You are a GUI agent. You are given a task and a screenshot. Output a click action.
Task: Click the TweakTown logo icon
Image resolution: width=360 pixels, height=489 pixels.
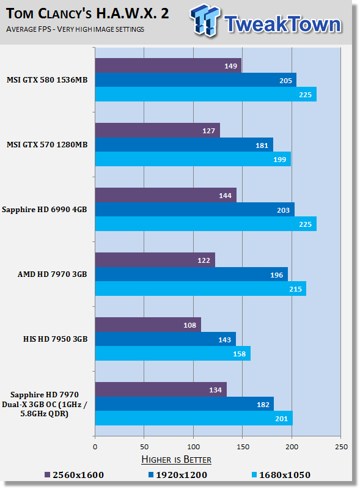(205, 20)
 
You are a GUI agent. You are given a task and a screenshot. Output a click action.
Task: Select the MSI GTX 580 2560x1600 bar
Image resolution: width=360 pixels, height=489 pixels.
(168, 65)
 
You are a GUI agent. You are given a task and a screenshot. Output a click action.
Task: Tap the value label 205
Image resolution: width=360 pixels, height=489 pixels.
(285, 81)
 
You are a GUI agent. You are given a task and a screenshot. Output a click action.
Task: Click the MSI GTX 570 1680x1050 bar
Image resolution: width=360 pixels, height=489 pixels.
(193, 159)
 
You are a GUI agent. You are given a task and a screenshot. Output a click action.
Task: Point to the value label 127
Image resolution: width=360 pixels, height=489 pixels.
(208, 131)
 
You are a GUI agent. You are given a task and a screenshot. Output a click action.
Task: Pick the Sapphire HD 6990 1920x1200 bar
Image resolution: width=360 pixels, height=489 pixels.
(194, 210)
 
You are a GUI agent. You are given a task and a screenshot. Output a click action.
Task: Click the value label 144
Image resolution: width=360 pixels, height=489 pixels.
(225, 196)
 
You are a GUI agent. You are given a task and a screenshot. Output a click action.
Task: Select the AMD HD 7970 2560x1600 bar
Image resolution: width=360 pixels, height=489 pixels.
(155, 260)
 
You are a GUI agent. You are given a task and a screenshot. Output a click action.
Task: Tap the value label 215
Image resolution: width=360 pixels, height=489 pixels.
(295, 289)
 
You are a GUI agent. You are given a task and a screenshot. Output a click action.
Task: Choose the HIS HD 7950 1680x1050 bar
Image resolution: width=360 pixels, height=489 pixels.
(173, 353)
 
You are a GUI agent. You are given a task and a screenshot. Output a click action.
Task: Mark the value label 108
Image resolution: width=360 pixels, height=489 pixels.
(189, 325)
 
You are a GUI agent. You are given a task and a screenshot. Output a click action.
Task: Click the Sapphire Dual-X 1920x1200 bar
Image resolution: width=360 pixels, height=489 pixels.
(185, 404)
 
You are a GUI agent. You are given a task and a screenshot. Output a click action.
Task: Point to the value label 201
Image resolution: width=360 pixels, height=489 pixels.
(281, 419)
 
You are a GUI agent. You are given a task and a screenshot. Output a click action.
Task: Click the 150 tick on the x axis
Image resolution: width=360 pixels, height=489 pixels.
(243, 447)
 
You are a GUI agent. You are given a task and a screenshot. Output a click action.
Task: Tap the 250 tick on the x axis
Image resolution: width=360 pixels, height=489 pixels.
(341, 447)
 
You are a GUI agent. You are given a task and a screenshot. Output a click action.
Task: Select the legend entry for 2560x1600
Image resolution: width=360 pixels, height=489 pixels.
(74, 475)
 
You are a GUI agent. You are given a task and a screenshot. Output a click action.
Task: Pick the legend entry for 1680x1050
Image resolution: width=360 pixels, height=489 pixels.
(281, 475)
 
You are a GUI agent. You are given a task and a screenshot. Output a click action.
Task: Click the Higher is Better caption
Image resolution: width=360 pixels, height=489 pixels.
(176, 460)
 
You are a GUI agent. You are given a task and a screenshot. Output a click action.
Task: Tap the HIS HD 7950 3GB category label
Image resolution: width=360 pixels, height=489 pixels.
(55, 339)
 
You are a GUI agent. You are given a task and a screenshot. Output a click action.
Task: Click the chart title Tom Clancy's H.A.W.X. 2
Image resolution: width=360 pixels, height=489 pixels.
(87, 13)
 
